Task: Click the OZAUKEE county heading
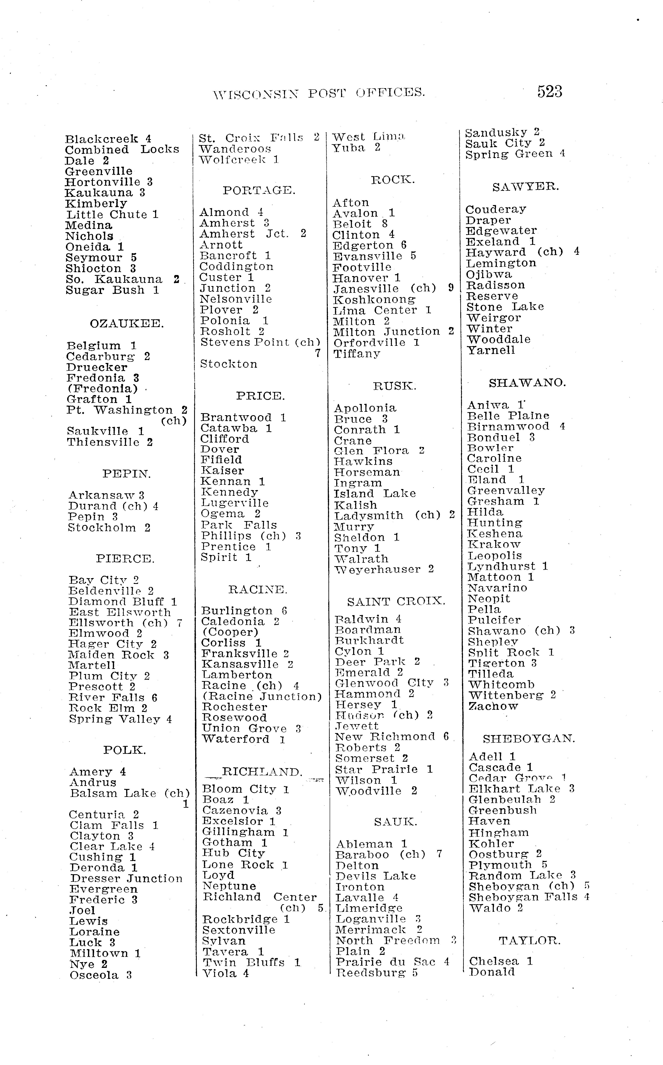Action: pos(127,324)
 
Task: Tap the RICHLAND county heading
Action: pos(262,772)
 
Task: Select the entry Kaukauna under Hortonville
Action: pos(99,193)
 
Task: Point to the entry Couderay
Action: pos(495,210)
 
